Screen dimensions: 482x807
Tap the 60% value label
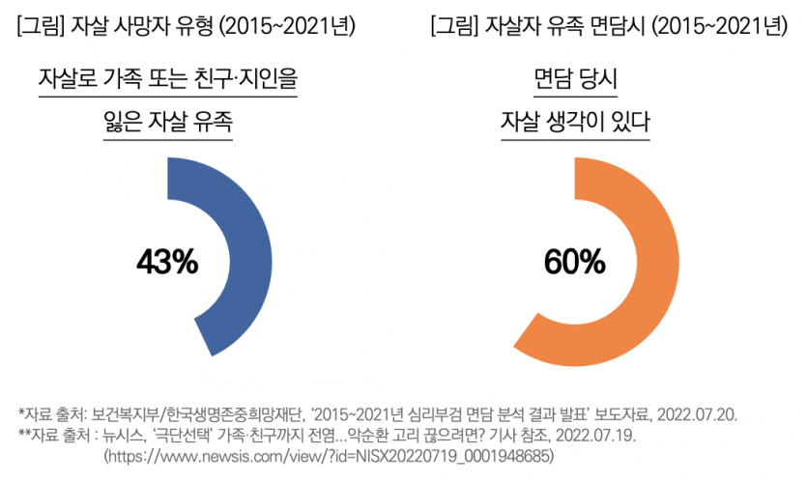pos(574,261)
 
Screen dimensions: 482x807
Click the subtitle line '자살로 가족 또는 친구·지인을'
pos(167,78)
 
